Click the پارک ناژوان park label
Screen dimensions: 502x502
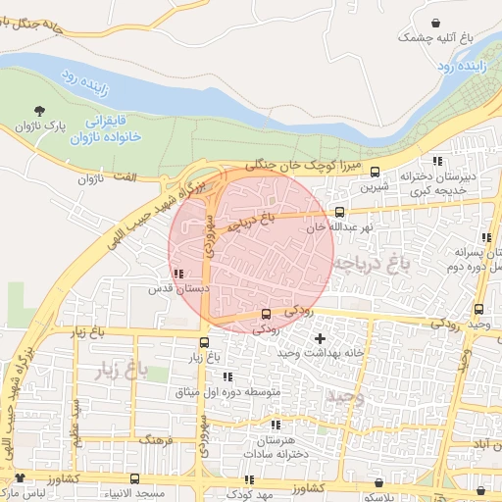click(x=44, y=126)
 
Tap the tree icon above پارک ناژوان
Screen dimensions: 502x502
click(x=39, y=111)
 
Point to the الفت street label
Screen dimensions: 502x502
click(x=87, y=178)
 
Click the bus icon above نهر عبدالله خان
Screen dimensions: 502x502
click(x=340, y=211)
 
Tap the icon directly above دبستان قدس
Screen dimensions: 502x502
click(x=177, y=275)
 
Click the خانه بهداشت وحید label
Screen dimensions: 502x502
click(x=317, y=353)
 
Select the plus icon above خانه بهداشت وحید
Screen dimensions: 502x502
click(x=319, y=338)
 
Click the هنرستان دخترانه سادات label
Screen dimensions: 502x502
click(x=276, y=447)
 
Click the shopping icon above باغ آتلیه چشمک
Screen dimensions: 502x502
click(x=434, y=22)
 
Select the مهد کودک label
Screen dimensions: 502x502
click(x=250, y=494)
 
